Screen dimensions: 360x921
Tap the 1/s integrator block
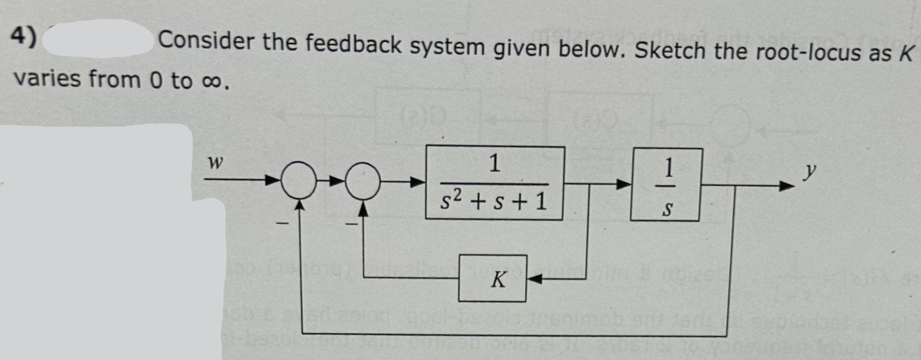coord(665,185)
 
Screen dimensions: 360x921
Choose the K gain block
coord(492,278)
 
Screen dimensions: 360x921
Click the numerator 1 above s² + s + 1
coord(494,163)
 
